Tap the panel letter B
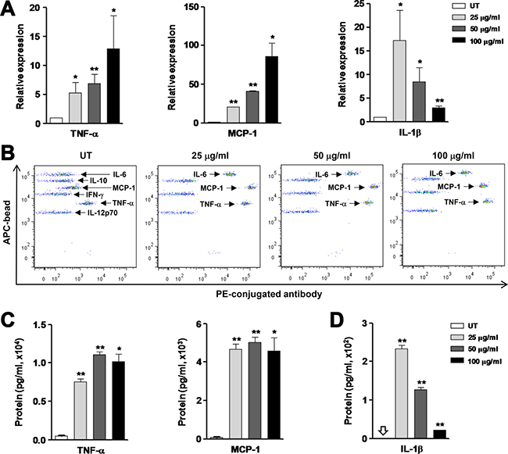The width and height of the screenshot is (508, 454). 8,148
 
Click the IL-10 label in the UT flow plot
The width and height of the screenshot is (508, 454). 99,181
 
